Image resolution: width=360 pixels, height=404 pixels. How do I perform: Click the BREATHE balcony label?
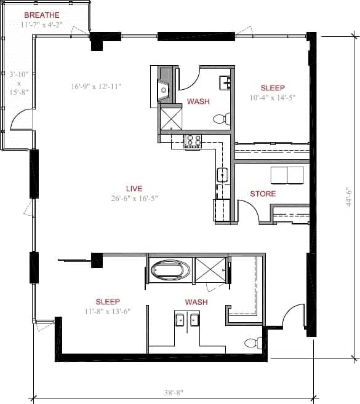tap(42, 15)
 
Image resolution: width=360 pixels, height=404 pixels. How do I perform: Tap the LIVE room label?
tap(134, 188)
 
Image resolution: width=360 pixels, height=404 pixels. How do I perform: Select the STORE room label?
tap(263, 194)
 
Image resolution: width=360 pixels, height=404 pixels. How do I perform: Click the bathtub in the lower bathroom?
tap(171, 269)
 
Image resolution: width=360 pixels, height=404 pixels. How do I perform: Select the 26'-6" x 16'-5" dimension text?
tap(134, 199)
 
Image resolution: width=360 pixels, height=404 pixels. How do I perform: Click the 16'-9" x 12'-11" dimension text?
tap(96, 87)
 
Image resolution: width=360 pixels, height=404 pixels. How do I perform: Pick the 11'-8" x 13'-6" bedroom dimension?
tap(108, 312)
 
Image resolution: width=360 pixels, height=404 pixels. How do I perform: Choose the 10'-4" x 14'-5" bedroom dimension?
tap(273, 98)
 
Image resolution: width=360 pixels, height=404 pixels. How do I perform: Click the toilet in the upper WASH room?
tap(222, 118)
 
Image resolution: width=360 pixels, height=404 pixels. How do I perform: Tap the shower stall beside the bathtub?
tap(211, 270)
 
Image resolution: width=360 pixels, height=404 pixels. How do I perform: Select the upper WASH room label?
tap(198, 101)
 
